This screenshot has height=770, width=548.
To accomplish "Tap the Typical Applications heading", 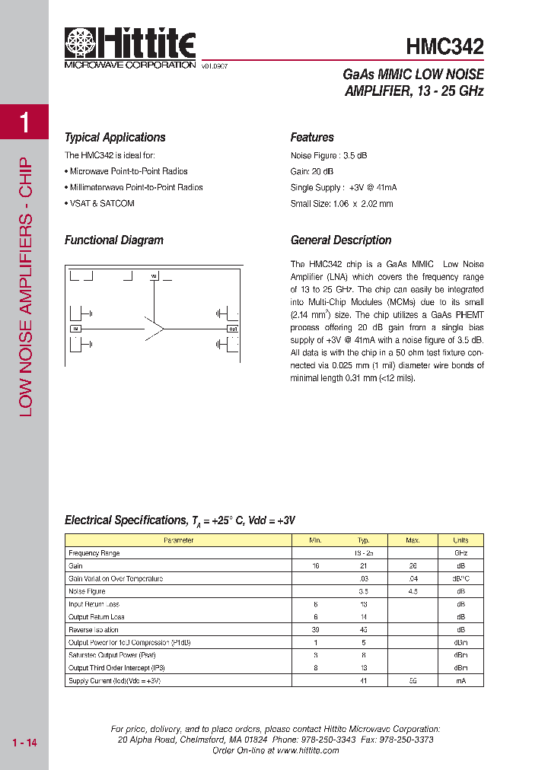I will tap(115, 138).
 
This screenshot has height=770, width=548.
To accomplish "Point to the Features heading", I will tap(312, 138).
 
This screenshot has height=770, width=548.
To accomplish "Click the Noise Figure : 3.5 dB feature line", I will tap(329, 155).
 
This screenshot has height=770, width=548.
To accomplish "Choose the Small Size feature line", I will tap(342, 203).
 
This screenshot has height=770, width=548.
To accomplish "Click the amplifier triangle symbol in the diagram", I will tap(155, 329).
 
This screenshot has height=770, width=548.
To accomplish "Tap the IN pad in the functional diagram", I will tap(75, 329).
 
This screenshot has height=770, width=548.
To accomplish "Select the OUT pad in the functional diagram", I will tap(233, 329).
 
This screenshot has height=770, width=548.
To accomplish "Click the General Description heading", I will tap(341, 240).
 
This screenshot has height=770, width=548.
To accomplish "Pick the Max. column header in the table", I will tap(413, 540).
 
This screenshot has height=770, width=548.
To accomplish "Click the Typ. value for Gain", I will tap(364, 566).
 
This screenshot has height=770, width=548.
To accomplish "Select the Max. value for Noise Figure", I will tap(413, 591).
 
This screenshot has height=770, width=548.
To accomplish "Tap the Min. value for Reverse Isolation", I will tap(315, 630).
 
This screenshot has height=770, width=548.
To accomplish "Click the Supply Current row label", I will tap(114, 681).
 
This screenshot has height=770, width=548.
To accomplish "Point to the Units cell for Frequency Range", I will tap(460, 553).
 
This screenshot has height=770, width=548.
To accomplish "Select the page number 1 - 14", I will tap(24, 743).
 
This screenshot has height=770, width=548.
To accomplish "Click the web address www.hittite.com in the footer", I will tap(308, 750).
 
